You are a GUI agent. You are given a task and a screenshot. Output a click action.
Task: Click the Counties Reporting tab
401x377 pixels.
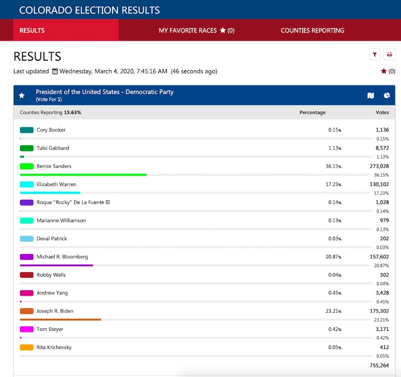click(312, 31)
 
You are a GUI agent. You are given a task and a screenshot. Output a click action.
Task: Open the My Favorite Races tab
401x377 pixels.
click(196, 31)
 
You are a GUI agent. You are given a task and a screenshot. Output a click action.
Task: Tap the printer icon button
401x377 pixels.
click(389, 55)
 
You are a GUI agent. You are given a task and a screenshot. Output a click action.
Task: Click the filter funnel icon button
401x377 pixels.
click(374, 55)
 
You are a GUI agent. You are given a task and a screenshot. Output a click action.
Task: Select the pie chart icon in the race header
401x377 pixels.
click(387, 95)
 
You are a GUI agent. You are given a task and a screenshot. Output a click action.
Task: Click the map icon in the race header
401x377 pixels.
click(371, 95)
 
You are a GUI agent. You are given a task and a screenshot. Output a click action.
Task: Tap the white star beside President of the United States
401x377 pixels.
click(22, 95)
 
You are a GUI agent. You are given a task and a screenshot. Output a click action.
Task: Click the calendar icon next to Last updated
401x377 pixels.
click(55, 71)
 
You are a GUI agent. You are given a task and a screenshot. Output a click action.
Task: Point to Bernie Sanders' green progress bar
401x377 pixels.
click(83, 175)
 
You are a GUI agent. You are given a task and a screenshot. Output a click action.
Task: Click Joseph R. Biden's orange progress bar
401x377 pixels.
click(61, 319)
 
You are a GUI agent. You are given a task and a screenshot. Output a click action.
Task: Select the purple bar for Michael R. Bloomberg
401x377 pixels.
click(57, 265)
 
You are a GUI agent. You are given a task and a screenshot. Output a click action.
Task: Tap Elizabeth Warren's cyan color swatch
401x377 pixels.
click(27, 184)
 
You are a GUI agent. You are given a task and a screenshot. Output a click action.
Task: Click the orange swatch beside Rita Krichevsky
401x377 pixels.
click(27, 347)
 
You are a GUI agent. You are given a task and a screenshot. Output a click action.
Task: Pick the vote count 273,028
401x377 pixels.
click(379, 166)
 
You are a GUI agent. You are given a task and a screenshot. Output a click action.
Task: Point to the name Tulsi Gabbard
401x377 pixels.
click(53, 148)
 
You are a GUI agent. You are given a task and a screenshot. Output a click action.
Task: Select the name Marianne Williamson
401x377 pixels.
click(61, 221)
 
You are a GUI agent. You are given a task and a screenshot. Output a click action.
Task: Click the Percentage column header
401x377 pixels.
click(312, 113)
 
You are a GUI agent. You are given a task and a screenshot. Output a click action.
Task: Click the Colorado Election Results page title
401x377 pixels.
click(90, 10)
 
